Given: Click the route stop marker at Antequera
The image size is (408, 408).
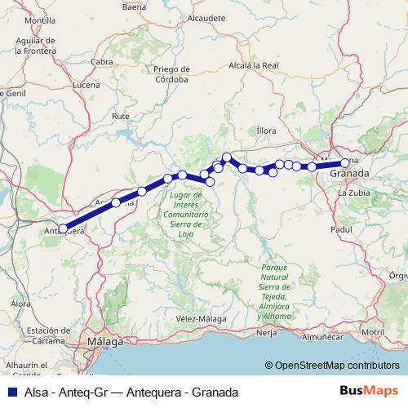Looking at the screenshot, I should point(63,229).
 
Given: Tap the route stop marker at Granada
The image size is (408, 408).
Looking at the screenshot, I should point(345,162).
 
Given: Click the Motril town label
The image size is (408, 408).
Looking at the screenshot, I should point(372,333).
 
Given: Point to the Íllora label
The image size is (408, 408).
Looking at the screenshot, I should point(267,130).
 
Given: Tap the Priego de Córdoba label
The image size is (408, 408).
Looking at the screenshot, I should point(171,75).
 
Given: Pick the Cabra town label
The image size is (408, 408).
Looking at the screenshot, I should point(102,61).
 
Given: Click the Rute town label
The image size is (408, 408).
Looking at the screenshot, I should point(121,117).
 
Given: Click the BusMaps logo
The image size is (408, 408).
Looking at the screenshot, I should point(368,391).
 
